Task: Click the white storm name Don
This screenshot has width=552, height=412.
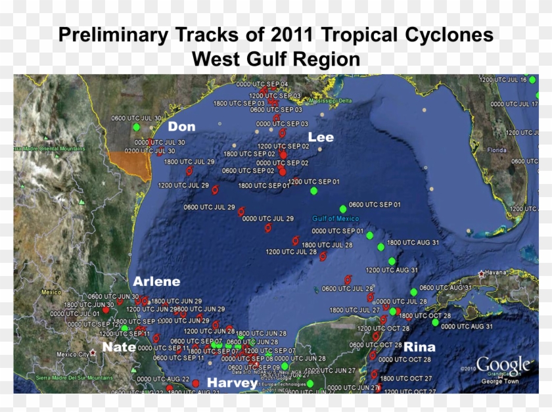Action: coord(181,126)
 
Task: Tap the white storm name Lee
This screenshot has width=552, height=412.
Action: coord(321,137)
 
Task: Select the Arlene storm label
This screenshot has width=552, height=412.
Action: coord(156,281)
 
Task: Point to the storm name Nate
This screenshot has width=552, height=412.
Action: coord(119,347)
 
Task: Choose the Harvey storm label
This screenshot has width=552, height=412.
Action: coord(233,382)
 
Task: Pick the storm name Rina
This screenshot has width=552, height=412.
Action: coord(419,347)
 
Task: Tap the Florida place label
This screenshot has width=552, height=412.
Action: coord(497,150)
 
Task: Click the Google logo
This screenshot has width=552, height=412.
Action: coord(503,365)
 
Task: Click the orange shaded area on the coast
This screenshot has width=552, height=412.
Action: coord(131,164)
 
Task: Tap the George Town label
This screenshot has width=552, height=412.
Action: coord(501,381)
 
